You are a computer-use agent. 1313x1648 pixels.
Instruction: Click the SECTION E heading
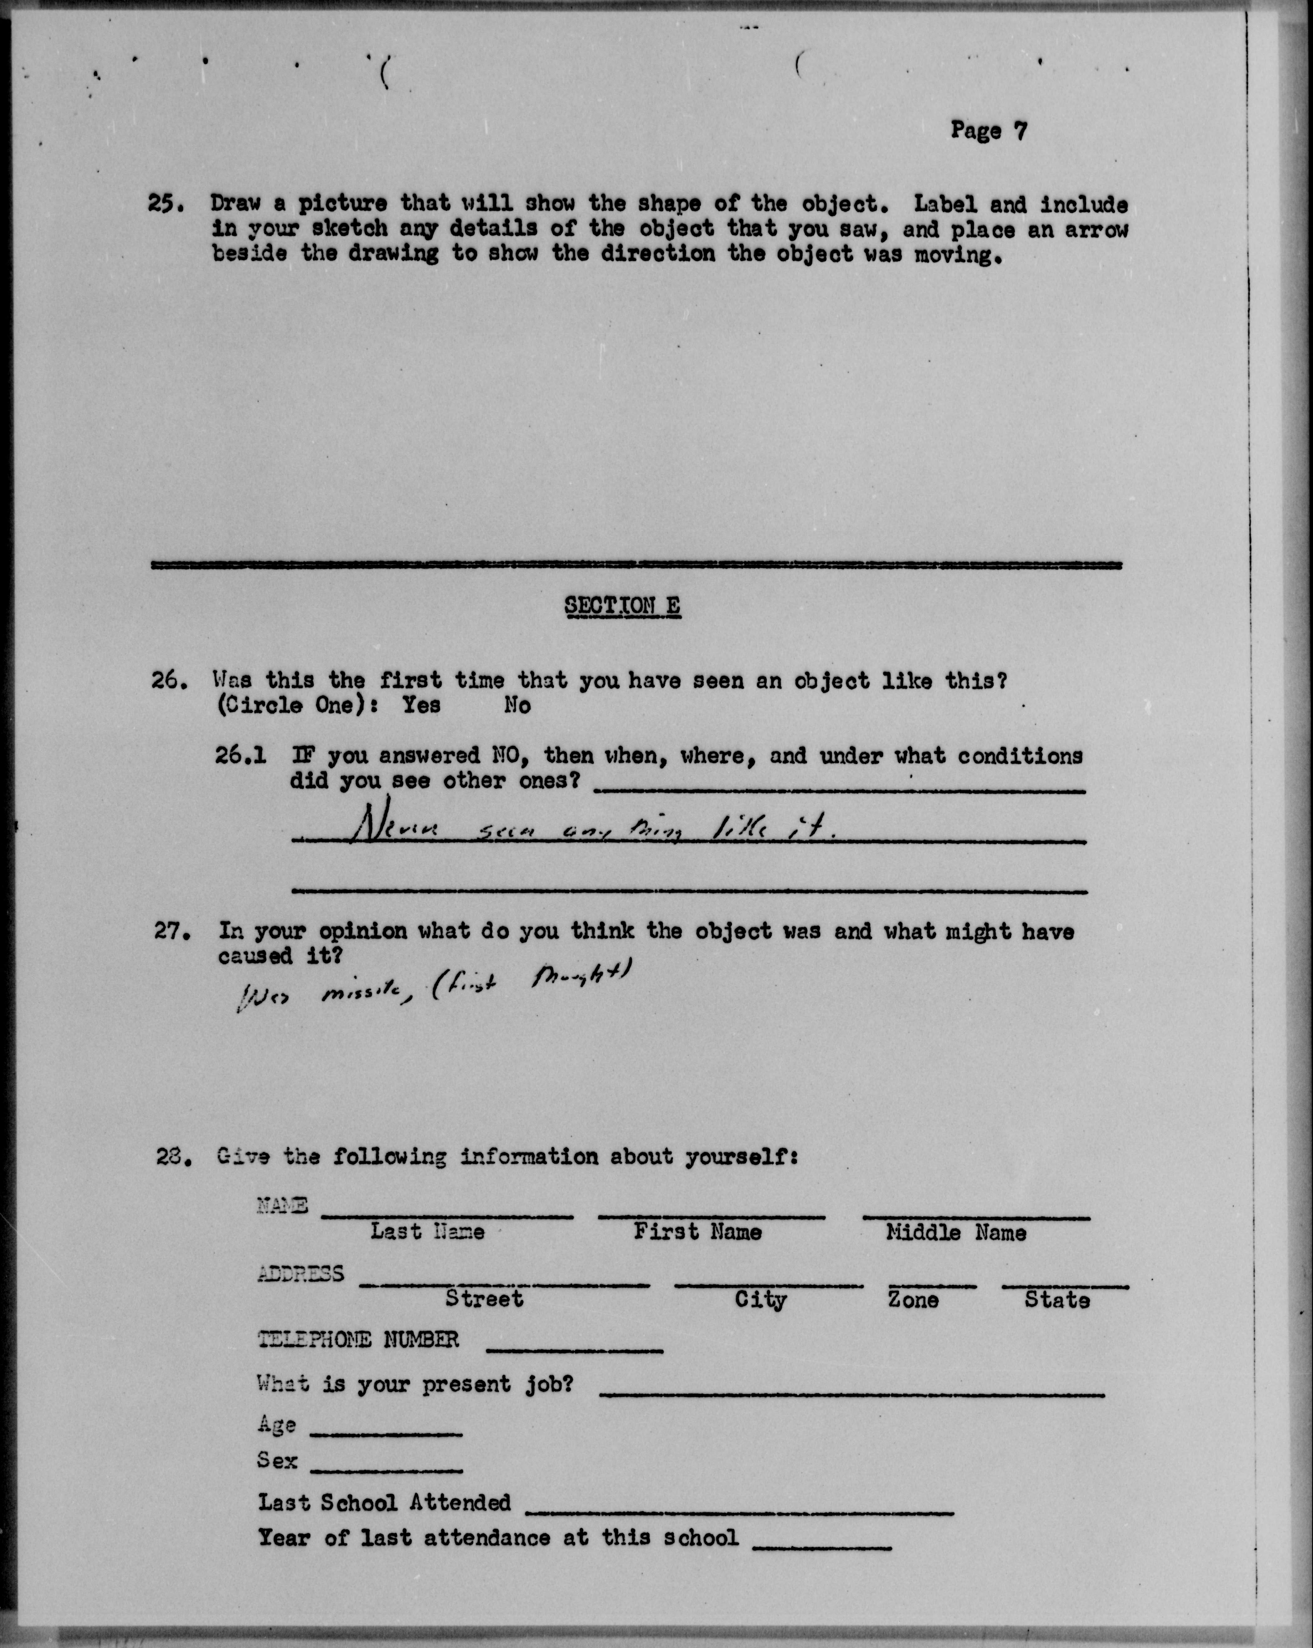point(622,606)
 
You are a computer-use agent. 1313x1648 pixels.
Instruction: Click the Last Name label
point(427,1231)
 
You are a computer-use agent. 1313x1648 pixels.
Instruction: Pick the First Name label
point(697,1231)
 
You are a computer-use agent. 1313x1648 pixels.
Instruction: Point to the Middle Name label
point(955,1232)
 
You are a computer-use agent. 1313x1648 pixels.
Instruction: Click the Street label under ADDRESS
point(484,1299)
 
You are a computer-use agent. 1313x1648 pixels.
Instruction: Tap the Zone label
point(913,1300)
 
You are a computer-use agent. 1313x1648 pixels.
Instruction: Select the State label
point(1057,1300)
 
